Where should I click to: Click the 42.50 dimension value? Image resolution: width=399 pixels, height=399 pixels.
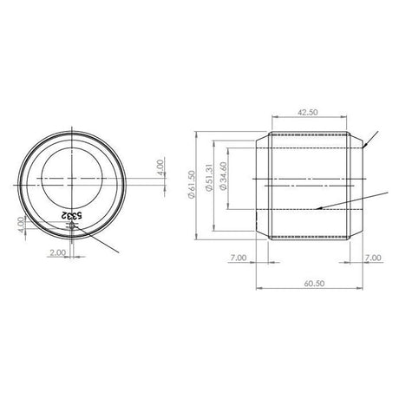click(x=308, y=112)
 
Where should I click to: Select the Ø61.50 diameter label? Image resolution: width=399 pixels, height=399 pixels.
click(x=192, y=185)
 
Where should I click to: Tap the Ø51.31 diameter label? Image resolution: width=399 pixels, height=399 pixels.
click(x=209, y=177)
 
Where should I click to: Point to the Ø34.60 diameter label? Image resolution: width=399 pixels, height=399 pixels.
click(x=224, y=176)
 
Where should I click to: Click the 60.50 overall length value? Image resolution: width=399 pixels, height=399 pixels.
click(x=314, y=284)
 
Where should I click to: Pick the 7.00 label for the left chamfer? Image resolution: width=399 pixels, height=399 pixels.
click(x=239, y=258)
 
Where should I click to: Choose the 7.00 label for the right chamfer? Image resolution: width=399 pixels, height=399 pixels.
click(x=373, y=258)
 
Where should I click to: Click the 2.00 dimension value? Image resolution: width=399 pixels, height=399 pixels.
click(x=58, y=252)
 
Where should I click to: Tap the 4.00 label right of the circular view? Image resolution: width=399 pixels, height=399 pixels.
click(x=160, y=167)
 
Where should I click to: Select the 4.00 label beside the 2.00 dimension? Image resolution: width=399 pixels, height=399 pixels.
click(x=21, y=225)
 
